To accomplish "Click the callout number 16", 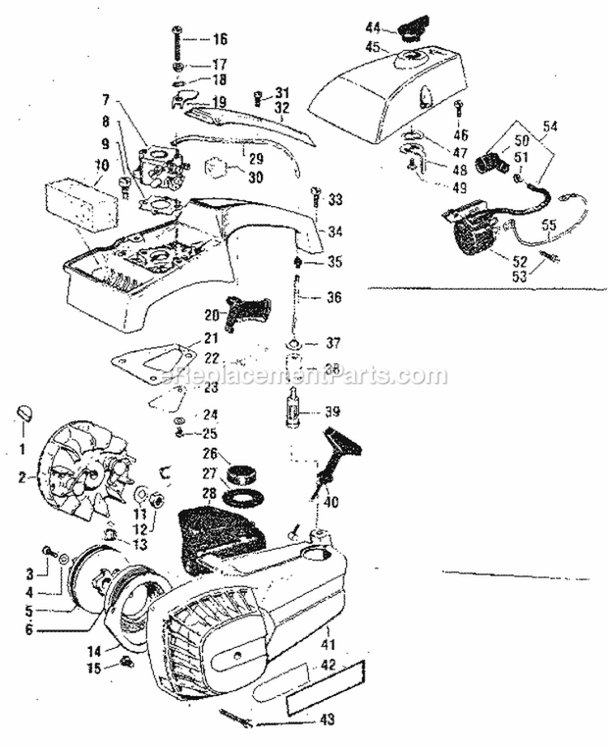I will pyautogui.click(x=221, y=39).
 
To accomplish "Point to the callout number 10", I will pyautogui.click(x=101, y=165).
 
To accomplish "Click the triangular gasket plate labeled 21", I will pyautogui.click(x=154, y=361).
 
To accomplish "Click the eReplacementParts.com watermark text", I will pyautogui.click(x=304, y=376).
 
